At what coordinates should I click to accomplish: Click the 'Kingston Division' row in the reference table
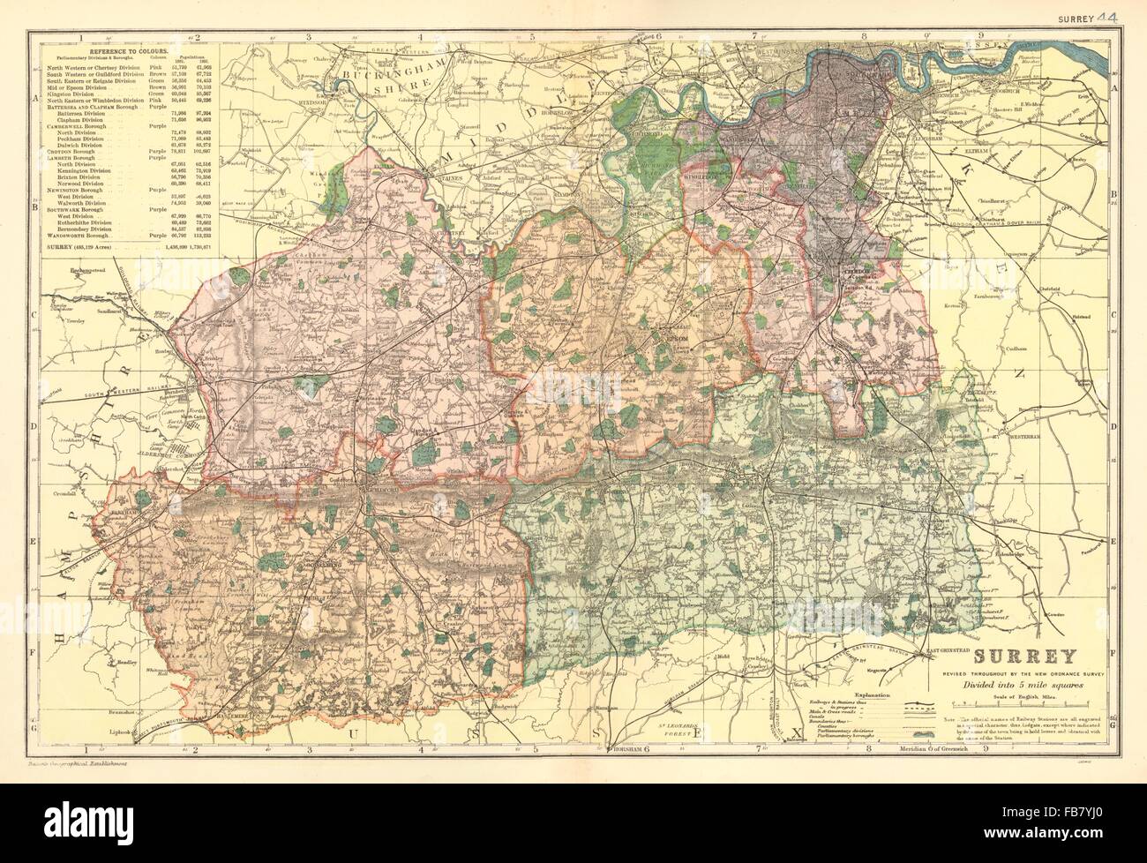point(68,94)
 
